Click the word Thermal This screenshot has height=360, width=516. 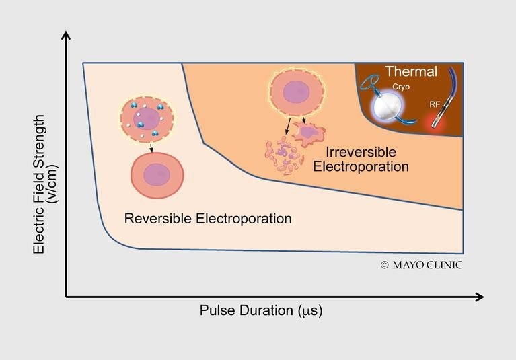411,71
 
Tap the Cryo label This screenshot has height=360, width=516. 401,87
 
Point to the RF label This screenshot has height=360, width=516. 435,105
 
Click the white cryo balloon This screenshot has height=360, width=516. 387,107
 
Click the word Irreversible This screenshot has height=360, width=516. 361,152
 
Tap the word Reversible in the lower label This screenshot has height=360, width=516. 158,219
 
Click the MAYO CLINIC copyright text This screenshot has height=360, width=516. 422,265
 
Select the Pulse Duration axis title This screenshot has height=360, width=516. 261,310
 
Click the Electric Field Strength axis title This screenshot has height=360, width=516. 38,184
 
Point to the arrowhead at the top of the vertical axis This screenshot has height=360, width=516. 66,36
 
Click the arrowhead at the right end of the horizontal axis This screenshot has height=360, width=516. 480,297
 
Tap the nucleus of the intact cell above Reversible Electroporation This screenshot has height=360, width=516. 157,174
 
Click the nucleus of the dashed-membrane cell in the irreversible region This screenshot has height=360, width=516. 296,92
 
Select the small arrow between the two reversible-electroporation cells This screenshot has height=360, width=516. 151,148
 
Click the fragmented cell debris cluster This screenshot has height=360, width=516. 284,155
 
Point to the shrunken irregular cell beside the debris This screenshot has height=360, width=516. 309,133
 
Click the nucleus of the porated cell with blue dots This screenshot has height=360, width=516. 147,119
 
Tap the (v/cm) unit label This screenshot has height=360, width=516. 52,184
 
